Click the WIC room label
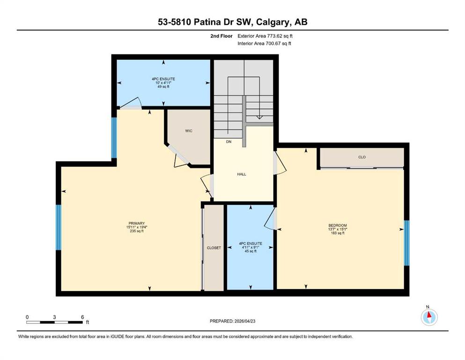click(x=189, y=131)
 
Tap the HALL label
click(x=241, y=174)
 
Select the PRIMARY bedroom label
click(x=136, y=223)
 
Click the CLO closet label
click(x=362, y=157)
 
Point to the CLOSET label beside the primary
click(x=214, y=248)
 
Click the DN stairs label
click(x=229, y=142)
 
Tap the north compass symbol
click(x=429, y=317)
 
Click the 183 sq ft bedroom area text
click(x=338, y=233)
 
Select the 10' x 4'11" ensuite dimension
click(x=163, y=83)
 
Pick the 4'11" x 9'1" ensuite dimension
click(x=251, y=247)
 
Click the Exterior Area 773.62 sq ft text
click(x=265, y=36)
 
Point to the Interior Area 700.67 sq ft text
click(x=264, y=44)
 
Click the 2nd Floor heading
click(x=221, y=36)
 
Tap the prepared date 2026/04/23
click(x=245, y=321)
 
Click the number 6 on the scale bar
click(x=82, y=317)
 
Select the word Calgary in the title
click(x=273, y=22)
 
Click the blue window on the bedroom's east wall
click(x=407, y=243)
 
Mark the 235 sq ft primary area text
click(x=136, y=231)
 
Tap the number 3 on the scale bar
click(x=55, y=317)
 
